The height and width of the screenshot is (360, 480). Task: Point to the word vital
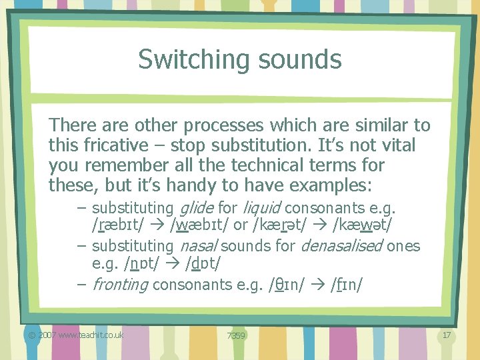(397, 145)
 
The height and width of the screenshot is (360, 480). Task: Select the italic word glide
(197, 208)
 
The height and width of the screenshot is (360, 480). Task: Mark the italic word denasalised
(341, 246)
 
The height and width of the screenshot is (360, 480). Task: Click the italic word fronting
(121, 285)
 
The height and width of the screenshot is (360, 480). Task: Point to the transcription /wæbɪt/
(195, 227)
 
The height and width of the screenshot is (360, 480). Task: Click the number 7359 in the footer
(235, 335)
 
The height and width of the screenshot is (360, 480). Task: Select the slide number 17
(447, 335)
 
